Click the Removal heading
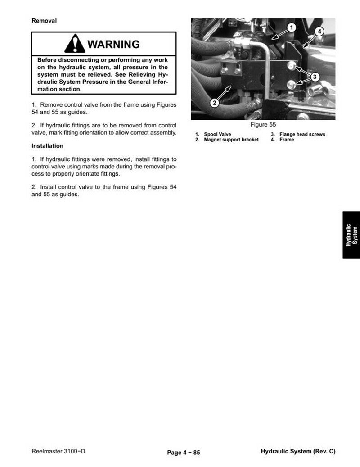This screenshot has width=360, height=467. point(44,21)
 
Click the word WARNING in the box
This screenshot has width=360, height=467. point(113,44)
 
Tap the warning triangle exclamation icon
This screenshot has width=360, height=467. point(74,43)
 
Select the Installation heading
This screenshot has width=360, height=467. point(47,146)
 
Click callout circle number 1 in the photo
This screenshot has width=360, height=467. point(292,28)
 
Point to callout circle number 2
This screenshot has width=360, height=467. point(215,103)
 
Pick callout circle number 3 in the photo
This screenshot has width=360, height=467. point(315,77)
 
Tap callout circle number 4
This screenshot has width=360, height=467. point(319,31)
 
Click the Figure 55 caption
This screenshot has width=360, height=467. point(263,125)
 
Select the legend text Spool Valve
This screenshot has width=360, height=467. point(217,134)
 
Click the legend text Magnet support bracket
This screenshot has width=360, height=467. point(231,140)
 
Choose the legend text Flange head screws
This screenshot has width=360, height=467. point(302,134)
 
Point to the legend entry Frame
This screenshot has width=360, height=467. point(287,140)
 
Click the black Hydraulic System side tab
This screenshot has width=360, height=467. point(351,235)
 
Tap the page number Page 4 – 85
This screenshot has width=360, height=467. point(184,453)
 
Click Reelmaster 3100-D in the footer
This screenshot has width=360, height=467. point(58,451)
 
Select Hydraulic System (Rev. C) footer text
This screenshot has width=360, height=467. point(298,452)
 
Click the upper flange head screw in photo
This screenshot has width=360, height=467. point(292,65)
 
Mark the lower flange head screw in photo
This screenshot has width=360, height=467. point(291,85)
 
